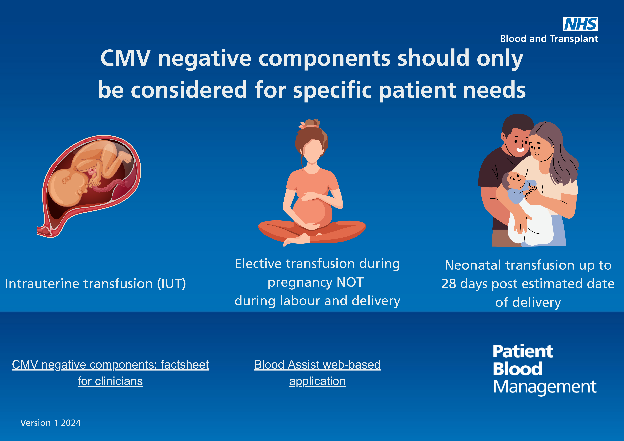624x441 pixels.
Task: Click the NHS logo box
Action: [581, 24]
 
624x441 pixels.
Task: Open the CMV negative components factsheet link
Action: [110, 373]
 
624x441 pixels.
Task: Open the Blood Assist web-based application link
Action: [317, 373]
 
